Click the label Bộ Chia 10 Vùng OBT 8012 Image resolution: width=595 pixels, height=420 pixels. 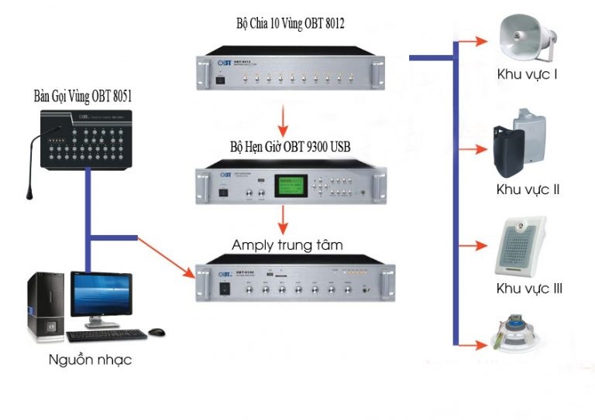[x=290, y=24]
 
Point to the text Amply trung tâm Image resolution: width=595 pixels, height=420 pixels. [x=287, y=245]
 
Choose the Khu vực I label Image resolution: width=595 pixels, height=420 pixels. [x=529, y=75]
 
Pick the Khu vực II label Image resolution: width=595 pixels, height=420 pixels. [x=529, y=189]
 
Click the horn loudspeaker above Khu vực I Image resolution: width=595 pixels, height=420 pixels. [x=527, y=39]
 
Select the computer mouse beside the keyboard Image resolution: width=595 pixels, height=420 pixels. [x=157, y=332]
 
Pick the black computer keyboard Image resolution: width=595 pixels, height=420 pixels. [x=106, y=336]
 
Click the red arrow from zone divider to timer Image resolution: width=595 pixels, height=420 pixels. [x=284, y=120]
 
